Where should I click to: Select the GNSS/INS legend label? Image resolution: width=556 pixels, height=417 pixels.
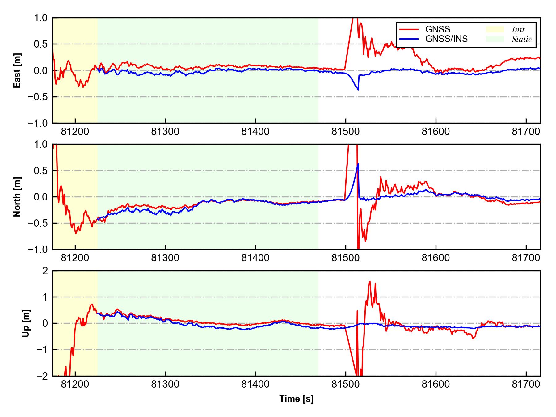point(446,39)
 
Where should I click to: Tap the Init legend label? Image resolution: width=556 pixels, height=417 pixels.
point(518,30)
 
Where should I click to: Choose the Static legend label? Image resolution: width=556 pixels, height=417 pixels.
point(522,39)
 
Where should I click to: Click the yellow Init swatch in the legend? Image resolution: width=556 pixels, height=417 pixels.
point(495,29)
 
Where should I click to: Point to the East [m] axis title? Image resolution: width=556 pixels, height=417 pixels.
point(17,70)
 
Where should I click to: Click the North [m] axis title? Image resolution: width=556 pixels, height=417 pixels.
point(17,197)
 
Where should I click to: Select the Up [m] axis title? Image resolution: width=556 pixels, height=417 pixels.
point(26,323)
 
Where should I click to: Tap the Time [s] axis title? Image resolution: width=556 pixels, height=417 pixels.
point(296,399)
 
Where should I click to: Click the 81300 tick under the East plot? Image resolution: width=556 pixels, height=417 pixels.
point(165,132)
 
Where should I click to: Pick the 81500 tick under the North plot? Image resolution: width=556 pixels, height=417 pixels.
point(346,258)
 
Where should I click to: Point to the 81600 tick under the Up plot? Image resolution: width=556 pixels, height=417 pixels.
point(436,384)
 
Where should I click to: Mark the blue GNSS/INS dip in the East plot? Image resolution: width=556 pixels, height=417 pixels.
point(358,89)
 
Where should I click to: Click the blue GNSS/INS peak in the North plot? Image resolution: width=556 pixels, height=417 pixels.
point(358,164)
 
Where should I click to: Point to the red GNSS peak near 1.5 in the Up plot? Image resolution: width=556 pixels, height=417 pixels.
point(370,282)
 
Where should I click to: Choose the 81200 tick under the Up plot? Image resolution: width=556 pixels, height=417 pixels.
point(75,384)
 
